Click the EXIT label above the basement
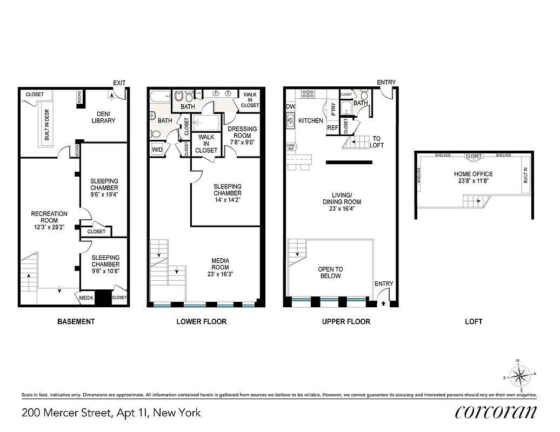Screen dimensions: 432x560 click(x=119, y=83)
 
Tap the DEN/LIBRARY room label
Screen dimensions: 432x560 click(x=103, y=117)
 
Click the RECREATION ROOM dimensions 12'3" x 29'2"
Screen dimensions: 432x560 click(x=49, y=227)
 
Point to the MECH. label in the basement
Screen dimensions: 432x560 click(x=86, y=298)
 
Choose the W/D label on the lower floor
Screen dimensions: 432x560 click(x=157, y=149)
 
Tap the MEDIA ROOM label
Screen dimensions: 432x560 click(x=220, y=264)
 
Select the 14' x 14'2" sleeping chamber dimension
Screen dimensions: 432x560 click(x=227, y=200)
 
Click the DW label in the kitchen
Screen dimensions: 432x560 click(x=291, y=107)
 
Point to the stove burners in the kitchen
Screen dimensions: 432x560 click(x=308, y=93)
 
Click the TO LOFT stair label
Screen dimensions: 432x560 click(x=376, y=141)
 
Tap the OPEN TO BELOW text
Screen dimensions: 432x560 click(x=330, y=273)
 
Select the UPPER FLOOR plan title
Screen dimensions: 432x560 click(x=346, y=321)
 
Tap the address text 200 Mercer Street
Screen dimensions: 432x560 click(x=111, y=413)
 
